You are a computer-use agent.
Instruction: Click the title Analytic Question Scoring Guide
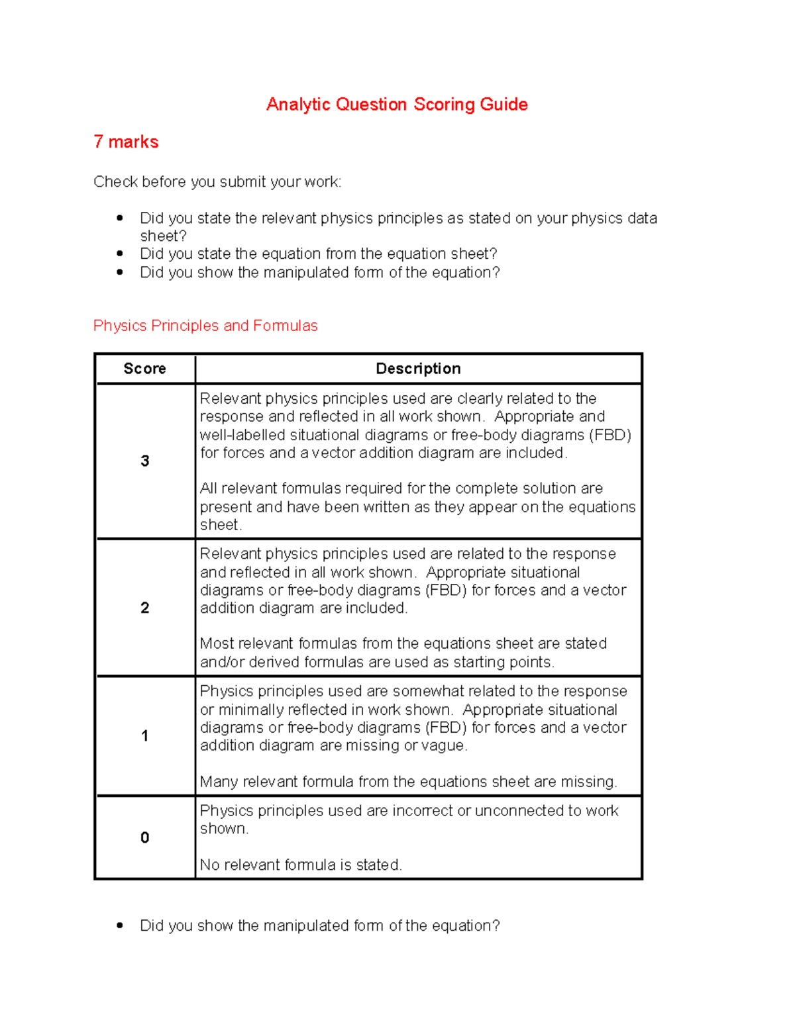397,105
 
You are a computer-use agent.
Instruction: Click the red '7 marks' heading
126,142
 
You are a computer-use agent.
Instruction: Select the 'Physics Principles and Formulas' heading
205,326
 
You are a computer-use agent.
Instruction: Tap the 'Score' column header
144,369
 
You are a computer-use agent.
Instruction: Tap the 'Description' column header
418,369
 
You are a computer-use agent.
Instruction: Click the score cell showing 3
144,461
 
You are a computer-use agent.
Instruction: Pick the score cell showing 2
144,608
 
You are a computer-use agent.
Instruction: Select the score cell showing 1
144,735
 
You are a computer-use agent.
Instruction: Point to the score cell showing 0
144,837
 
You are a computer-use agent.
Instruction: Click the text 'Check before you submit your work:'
217,182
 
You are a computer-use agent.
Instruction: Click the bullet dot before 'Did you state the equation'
120,254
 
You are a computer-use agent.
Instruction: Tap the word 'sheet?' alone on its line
163,236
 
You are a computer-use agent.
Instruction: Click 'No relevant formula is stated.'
301,864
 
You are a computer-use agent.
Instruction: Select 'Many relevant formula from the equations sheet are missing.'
408,782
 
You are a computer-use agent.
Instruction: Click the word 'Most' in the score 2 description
217,643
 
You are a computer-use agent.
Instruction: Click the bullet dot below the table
120,925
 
